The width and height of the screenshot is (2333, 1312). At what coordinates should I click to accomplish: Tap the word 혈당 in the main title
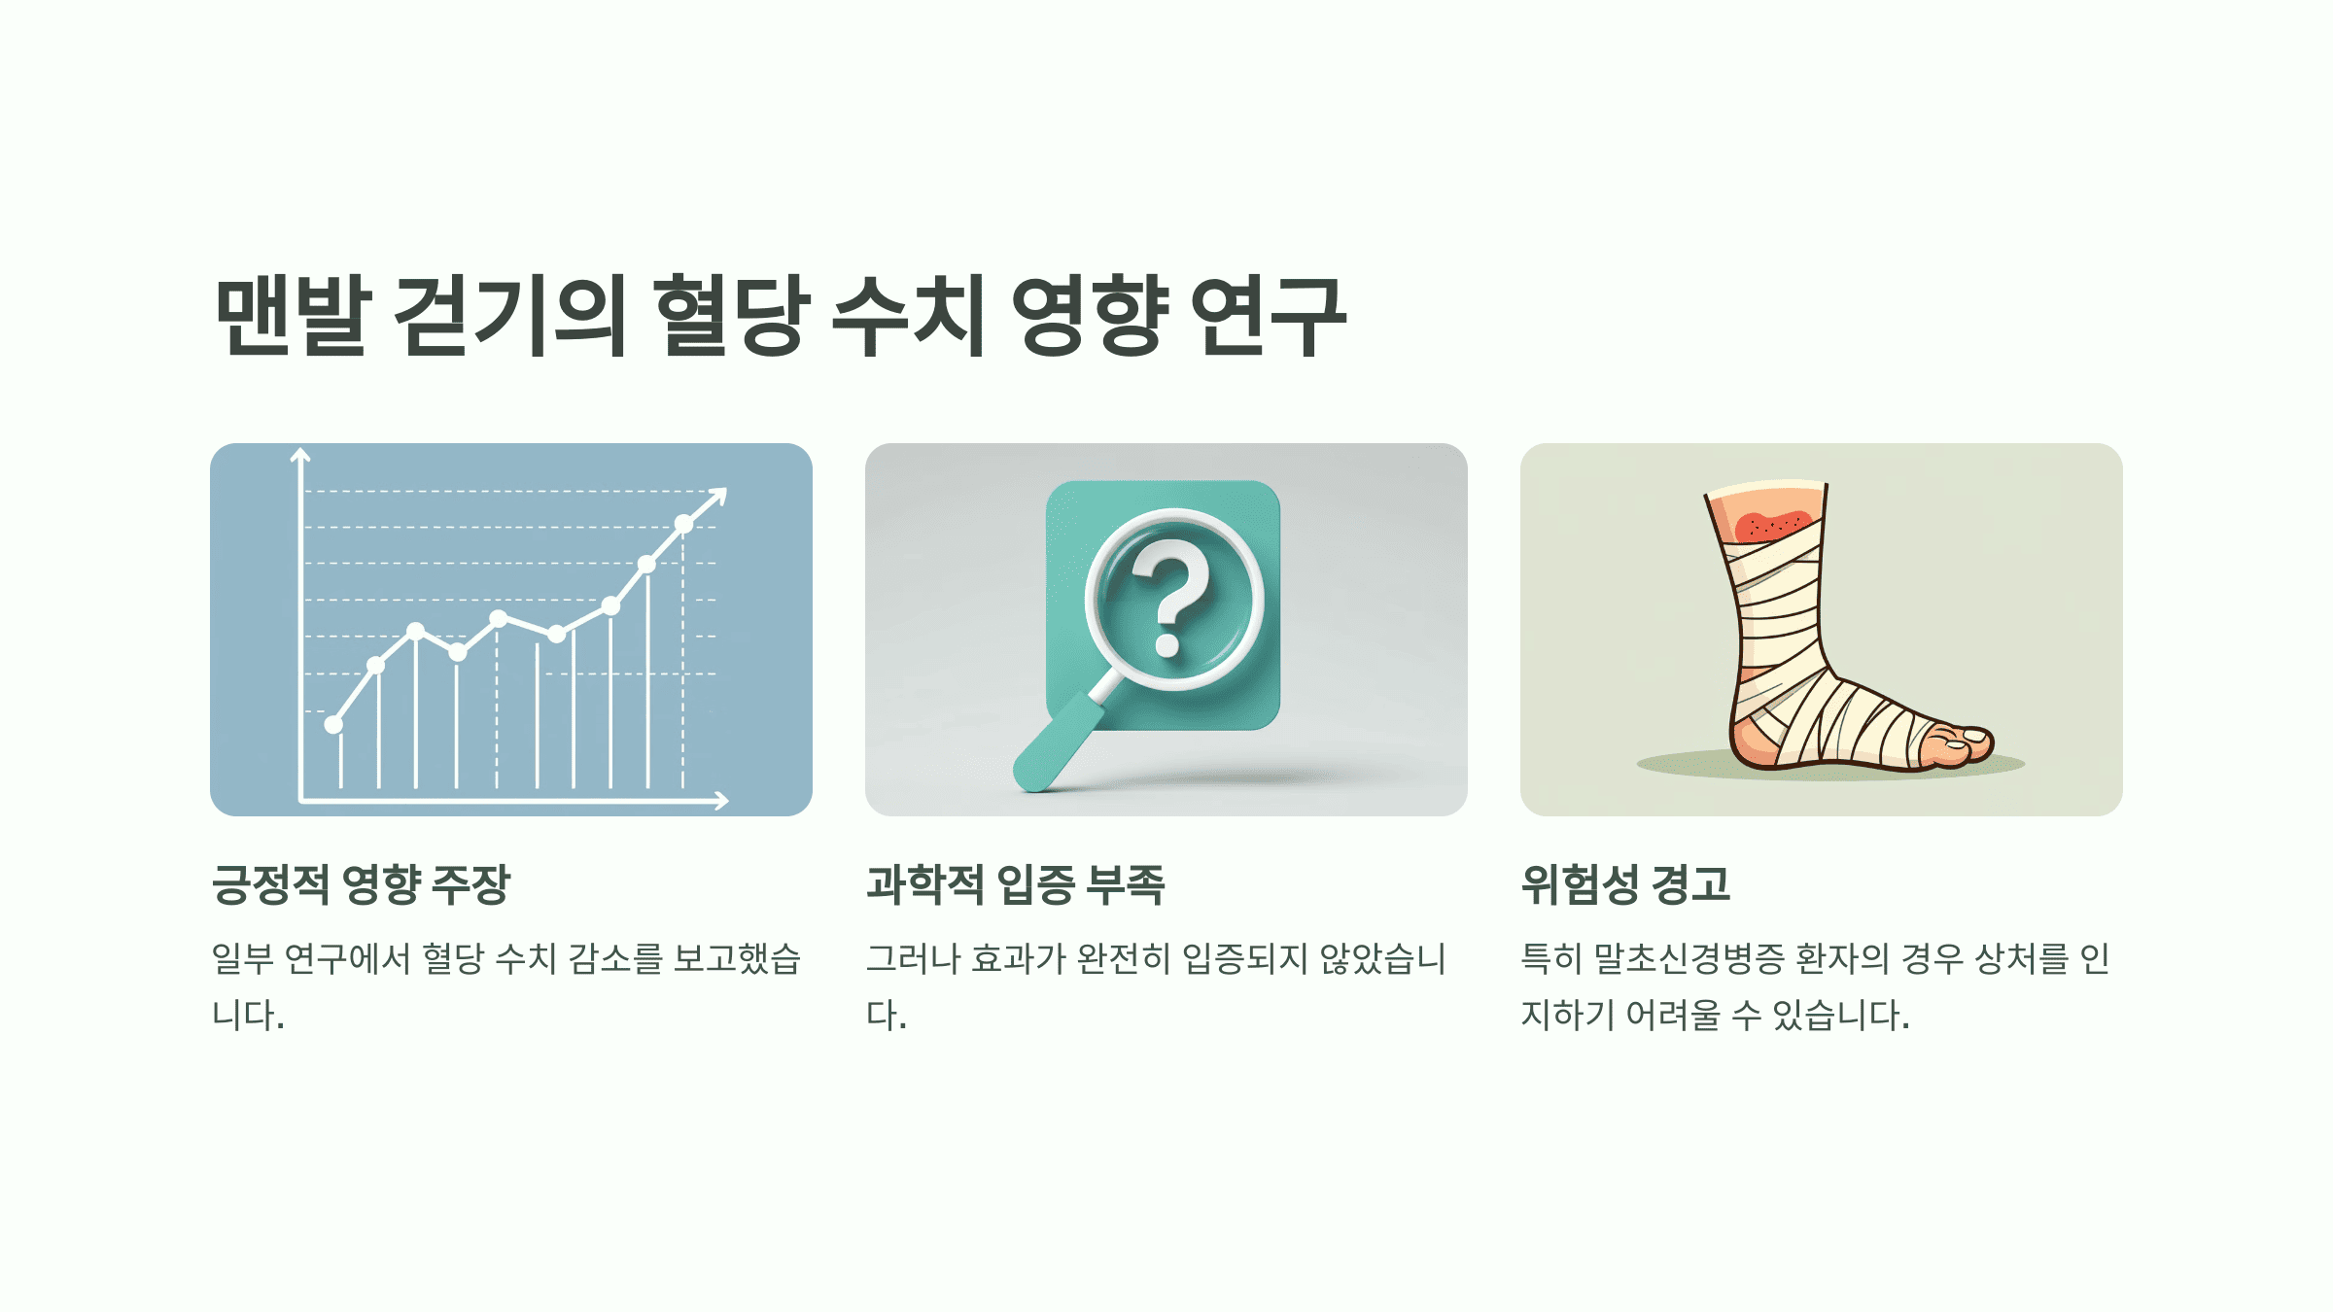(731, 315)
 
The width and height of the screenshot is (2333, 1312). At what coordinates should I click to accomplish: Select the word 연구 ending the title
(1268, 315)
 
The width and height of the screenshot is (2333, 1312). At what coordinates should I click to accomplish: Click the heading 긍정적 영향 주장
(361, 884)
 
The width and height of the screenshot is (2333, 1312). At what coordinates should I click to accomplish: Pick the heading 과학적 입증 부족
(1015, 884)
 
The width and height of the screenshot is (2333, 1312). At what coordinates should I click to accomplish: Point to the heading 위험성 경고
(1625, 884)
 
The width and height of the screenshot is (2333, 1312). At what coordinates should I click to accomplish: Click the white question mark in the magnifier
(1171, 598)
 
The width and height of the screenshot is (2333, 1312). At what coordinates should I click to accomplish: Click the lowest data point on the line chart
(333, 724)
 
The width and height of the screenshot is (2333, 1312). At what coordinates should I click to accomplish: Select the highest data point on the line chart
(683, 524)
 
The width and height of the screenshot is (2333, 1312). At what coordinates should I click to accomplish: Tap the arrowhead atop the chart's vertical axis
(300, 455)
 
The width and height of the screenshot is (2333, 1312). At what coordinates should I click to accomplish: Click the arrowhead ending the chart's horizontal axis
(721, 800)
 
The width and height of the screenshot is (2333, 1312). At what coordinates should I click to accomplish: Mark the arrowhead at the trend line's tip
(718, 496)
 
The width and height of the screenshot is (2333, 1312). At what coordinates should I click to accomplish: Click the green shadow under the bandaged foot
(1691, 766)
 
